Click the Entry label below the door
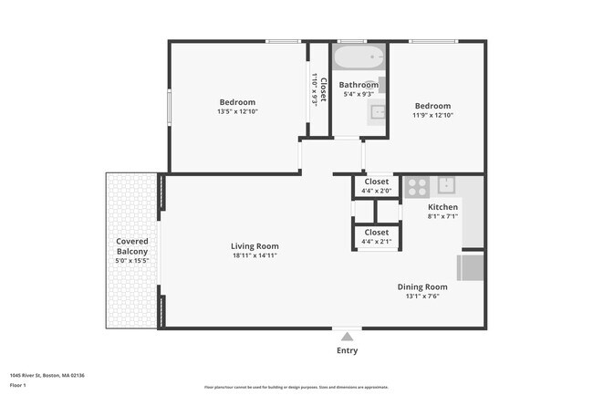tap(347, 350)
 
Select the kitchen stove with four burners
tap(417, 186)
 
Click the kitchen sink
tap(447, 185)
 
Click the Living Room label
tap(255, 246)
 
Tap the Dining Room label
tap(421, 286)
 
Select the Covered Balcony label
tap(132, 246)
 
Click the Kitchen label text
tap(442, 207)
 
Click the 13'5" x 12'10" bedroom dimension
tap(237, 112)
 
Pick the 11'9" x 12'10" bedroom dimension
tap(433, 115)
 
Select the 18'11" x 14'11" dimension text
tap(255, 256)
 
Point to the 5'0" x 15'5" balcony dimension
tap(132, 261)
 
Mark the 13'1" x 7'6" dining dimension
tap(421, 296)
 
